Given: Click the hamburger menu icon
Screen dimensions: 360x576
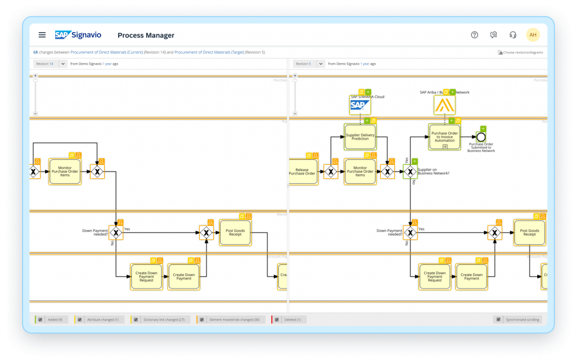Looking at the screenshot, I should click(42, 35).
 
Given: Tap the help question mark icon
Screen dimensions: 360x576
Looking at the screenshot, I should click(474, 35).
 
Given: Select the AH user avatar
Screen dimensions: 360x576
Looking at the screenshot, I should click(533, 35).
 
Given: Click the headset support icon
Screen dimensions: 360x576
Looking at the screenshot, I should click(512, 35).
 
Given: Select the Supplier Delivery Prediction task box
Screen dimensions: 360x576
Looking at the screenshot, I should click(360, 136).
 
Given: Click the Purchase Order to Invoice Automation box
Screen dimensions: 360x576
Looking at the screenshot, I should click(444, 137).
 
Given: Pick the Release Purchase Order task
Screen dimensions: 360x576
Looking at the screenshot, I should click(303, 171).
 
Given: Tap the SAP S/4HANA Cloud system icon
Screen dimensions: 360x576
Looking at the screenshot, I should click(360, 105).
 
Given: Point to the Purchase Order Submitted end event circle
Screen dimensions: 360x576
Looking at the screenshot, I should click(480, 137).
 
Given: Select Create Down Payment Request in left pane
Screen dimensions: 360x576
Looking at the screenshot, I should click(146, 276).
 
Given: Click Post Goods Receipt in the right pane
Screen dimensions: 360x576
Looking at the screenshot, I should click(529, 233).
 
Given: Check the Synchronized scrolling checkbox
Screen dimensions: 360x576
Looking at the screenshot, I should click(498, 319).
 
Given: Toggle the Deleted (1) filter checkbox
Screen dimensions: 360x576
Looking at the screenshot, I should click(277, 319).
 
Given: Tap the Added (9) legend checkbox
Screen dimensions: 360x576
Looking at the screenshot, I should click(40, 319).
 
